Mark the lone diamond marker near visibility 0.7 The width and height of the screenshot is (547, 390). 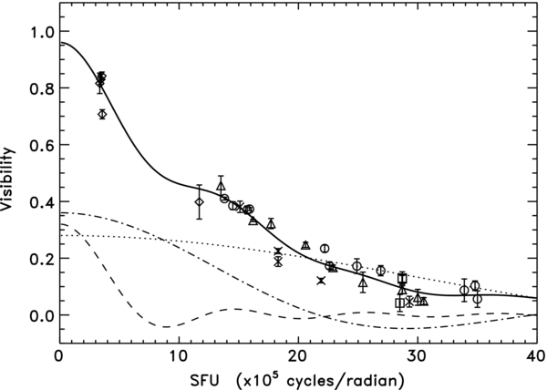102,114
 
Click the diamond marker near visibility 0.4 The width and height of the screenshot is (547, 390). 199,200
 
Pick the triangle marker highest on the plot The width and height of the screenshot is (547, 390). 221,186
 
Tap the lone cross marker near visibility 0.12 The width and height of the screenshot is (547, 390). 321,281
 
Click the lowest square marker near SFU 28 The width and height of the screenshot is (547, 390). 399,303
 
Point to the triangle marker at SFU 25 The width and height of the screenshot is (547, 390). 363,282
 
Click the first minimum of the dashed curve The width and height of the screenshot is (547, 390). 167,326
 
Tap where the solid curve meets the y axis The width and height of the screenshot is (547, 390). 59,43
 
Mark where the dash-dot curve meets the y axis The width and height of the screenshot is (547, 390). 59,212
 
